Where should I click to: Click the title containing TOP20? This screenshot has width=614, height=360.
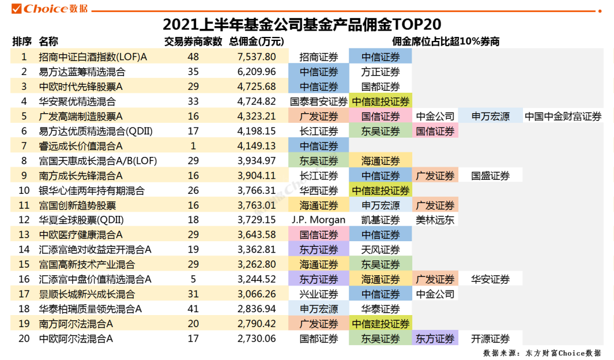point(302,24)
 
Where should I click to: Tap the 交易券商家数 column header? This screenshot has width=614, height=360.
point(193,42)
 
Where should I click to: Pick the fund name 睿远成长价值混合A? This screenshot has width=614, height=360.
point(81,146)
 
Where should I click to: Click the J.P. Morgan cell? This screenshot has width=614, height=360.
point(318,220)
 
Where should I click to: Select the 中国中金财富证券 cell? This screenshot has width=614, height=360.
point(563,117)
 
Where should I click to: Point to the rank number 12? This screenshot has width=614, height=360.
point(24,220)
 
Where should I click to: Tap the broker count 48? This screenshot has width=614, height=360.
point(193,57)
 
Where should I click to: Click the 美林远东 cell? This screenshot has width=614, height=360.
point(435,220)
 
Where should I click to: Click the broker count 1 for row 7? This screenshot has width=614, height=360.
point(193,146)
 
